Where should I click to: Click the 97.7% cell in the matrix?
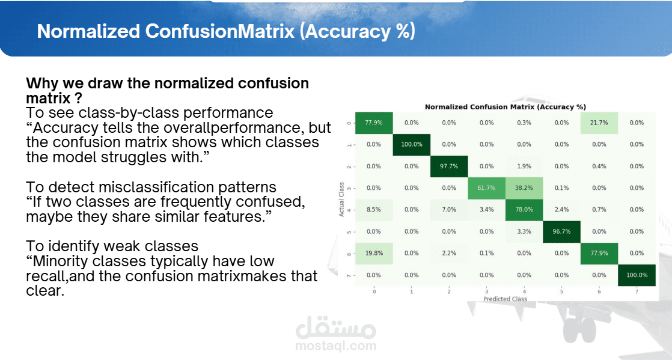pos(449,166)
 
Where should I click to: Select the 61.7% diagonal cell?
pos(486,188)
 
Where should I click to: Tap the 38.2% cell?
pos(524,188)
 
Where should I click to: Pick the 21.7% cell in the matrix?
pos(599,123)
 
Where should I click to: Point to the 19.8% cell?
pos(374,253)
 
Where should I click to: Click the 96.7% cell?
pos(561,231)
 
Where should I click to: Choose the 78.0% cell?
pos(524,210)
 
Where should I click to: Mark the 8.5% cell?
pos(374,210)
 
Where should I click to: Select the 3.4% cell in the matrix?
pos(486,210)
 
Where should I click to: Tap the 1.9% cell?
pos(524,166)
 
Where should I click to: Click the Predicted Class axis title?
pos(506,299)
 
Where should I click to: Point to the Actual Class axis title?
pos(341,200)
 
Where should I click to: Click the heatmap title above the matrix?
pos(506,107)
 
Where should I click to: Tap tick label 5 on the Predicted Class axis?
pos(561,292)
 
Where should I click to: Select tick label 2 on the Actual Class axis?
pos(349,166)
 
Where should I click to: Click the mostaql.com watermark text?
pos(336,346)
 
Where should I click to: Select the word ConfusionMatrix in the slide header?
pos(220,31)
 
